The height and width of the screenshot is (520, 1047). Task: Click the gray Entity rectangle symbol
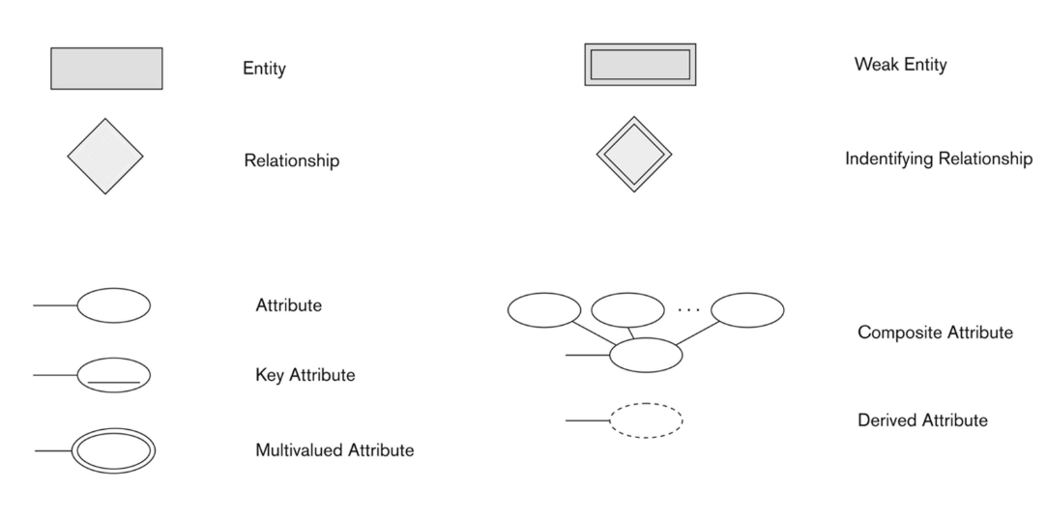(106, 68)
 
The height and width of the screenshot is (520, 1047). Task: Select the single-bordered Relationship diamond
(104, 156)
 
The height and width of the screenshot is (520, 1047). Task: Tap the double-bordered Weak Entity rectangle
(640, 65)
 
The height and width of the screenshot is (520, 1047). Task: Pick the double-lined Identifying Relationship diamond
(633, 155)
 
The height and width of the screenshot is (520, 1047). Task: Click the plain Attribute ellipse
(113, 305)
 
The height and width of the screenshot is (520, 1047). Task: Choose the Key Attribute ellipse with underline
(113, 375)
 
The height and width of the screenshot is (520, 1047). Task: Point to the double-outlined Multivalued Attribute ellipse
(113, 450)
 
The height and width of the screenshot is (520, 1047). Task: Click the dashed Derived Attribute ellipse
(646, 420)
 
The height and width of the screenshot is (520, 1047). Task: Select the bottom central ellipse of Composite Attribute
(646, 355)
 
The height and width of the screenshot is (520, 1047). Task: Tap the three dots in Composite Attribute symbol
(687, 310)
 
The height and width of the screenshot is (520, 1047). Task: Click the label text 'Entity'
(264, 69)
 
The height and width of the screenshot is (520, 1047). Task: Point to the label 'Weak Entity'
(900, 65)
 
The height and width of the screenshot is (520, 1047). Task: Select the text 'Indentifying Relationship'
(938, 159)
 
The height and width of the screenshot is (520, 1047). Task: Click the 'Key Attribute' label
(305, 375)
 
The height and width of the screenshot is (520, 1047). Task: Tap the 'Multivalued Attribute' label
(334, 450)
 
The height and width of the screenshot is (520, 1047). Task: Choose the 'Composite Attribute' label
(935, 332)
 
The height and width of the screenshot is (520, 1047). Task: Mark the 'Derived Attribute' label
(922, 420)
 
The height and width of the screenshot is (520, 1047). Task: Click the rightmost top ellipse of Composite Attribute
(747, 309)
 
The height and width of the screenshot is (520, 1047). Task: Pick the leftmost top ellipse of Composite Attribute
(544, 309)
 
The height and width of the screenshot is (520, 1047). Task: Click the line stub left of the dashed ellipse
(587, 420)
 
